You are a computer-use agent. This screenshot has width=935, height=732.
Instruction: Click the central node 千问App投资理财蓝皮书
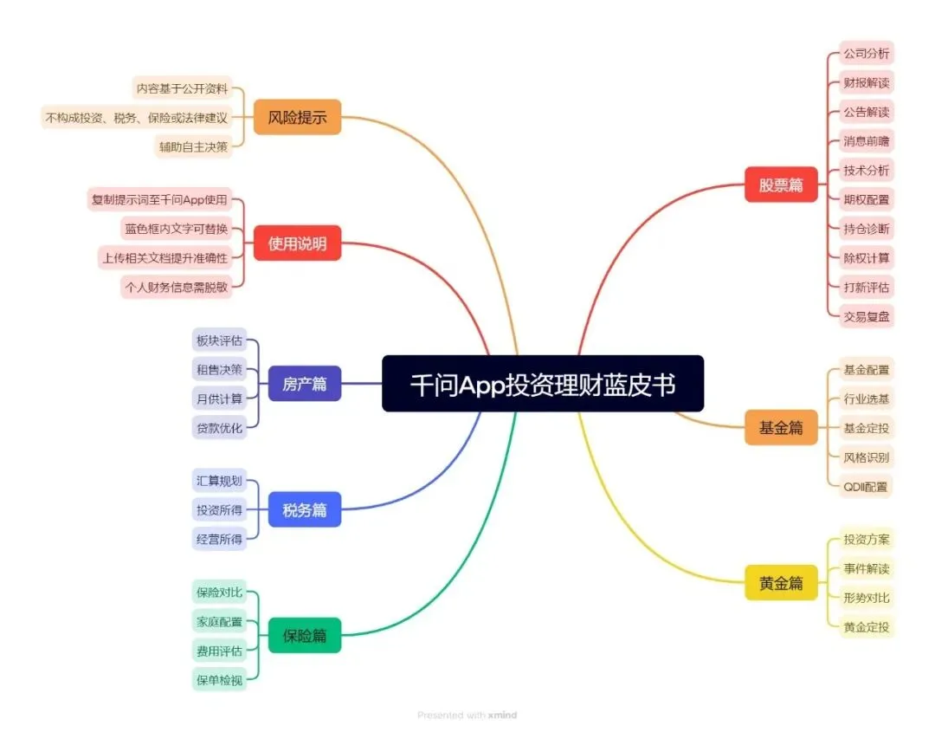(x=543, y=384)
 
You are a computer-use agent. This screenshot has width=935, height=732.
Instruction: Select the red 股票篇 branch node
(x=781, y=185)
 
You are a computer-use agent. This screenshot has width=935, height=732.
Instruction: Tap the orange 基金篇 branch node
(x=781, y=427)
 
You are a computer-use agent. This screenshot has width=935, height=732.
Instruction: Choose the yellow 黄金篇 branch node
(x=781, y=583)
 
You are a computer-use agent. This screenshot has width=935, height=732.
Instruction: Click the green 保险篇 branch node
(x=304, y=635)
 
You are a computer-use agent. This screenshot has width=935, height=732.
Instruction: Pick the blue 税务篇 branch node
(x=304, y=509)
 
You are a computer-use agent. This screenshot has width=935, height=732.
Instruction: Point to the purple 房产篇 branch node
(x=304, y=384)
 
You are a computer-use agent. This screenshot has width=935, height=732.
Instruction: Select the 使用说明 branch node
(x=297, y=243)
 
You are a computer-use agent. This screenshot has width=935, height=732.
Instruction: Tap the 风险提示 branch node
(x=297, y=117)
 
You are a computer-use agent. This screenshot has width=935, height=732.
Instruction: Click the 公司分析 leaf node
(x=866, y=54)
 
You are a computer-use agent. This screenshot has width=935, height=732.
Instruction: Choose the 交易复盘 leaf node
(x=866, y=316)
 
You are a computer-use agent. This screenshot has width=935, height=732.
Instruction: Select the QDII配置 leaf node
(x=866, y=487)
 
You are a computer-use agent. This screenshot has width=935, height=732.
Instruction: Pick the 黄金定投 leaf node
(x=866, y=627)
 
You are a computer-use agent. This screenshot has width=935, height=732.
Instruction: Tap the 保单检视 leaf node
(x=219, y=680)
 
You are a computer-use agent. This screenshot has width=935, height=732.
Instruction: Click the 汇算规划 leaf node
(x=219, y=481)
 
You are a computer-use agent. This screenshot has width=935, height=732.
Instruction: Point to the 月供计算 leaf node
(x=219, y=398)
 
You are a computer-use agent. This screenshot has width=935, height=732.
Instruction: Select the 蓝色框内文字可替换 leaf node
(x=176, y=229)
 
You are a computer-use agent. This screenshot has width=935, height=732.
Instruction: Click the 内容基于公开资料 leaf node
(x=184, y=87)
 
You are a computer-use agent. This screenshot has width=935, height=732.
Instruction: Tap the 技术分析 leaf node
(x=866, y=170)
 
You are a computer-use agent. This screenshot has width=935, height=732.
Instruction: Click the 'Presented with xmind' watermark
(x=467, y=715)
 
